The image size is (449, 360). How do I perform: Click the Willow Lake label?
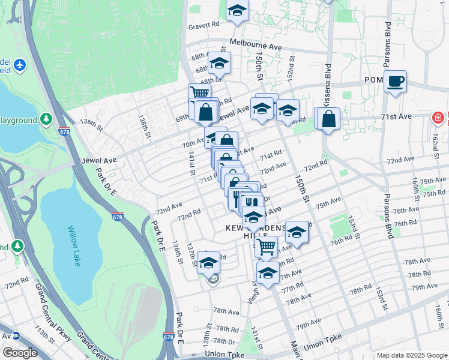(78, 240)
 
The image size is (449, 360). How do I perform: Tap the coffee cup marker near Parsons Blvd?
(396, 82)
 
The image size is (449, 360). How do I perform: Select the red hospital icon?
(439, 117)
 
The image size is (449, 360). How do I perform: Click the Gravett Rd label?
(204, 25)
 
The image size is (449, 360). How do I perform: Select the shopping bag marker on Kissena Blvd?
(329, 119)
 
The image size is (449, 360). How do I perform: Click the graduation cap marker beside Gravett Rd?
(237, 11)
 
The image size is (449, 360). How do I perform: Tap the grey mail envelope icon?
(213, 278)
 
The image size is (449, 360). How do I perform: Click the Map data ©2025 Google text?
(411, 355)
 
